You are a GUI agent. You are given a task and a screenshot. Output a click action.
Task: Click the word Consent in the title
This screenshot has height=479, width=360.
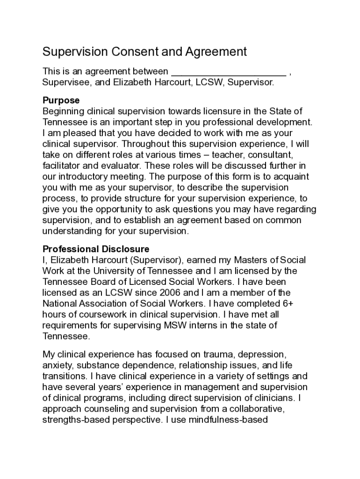126,51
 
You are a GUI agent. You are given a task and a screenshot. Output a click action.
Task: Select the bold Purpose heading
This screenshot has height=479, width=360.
61,101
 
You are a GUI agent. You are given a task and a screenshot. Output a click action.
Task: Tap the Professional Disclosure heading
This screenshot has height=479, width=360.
96,249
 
